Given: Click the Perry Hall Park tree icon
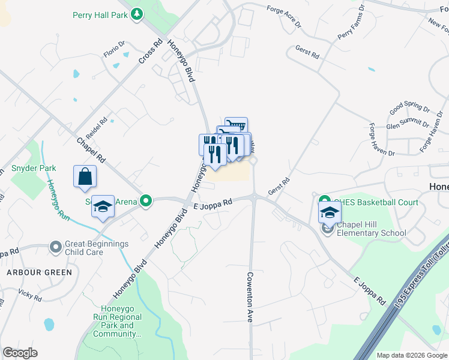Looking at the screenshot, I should [x=137, y=13].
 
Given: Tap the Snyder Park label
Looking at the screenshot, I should [x=34, y=169].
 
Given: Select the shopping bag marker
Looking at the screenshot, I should [x=85, y=176].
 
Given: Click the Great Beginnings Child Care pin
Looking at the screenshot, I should [x=56, y=246].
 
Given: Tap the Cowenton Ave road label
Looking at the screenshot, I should [x=250, y=298].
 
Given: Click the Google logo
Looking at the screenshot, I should [x=20, y=353].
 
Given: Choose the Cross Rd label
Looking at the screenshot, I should [x=150, y=52].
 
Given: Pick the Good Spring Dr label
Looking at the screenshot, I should [x=410, y=109].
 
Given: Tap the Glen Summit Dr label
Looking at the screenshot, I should [x=408, y=125].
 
